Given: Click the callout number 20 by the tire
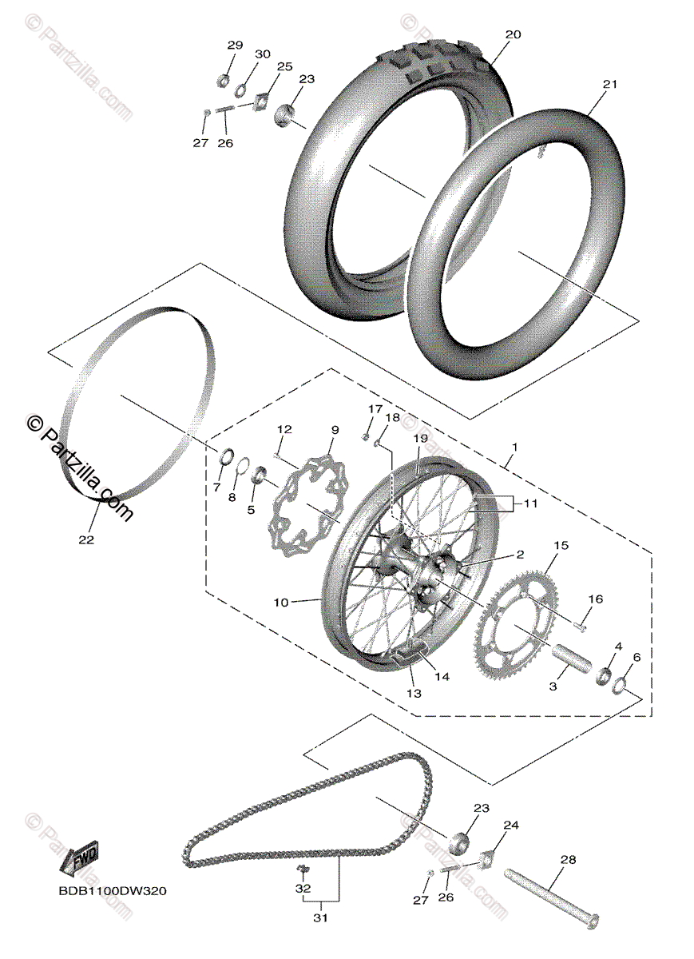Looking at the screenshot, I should click(x=513, y=34).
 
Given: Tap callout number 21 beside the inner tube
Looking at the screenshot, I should click(x=610, y=85).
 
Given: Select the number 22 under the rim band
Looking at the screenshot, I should click(x=86, y=539).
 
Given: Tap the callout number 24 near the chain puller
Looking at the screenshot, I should click(x=510, y=825).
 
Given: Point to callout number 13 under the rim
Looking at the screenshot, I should click(x=413, y=694).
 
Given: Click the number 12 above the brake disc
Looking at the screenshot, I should click(x=284, y=430).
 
